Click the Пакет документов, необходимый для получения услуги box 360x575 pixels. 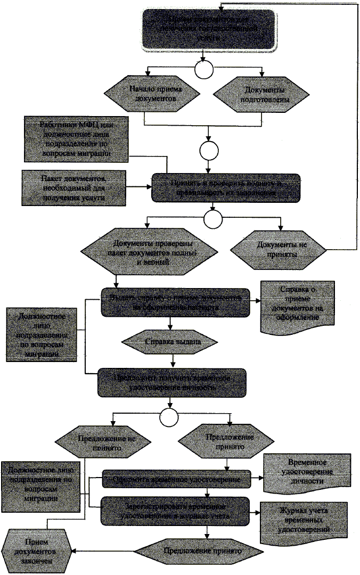pyautogui.click(x=74, y=187)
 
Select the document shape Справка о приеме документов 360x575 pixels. pyautogui.click(x=297, y=303)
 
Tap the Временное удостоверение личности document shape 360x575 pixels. pyautogui.click(x=307, y=473)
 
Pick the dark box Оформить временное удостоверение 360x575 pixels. pyautogui.click(x=176, y=479)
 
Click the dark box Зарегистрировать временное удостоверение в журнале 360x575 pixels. pyautogui.click(x=176, y=509)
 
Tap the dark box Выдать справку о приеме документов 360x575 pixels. pyautogui.click(x=176, y=302)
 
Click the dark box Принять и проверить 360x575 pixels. pyautogui.click(x=223, y=187)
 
